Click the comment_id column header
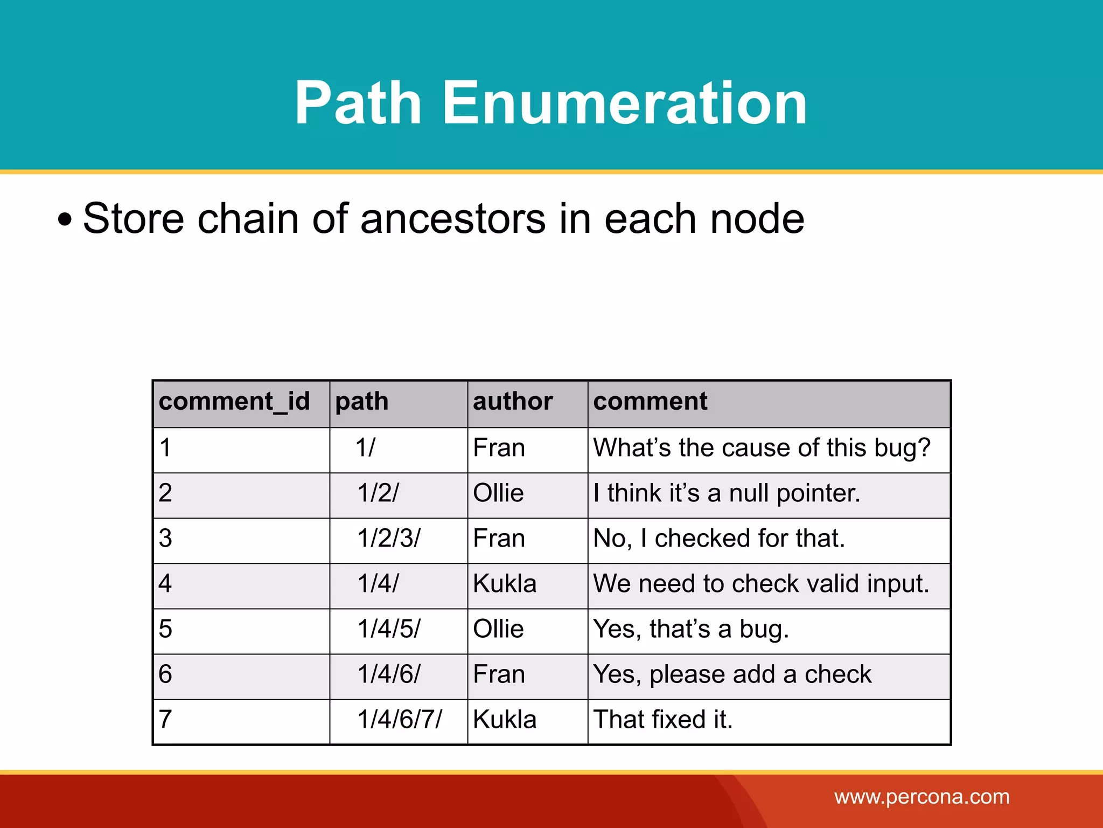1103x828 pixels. pos(234,402)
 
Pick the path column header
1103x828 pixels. pos(362,402)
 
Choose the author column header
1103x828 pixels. pos(513,402)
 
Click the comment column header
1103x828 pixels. pos(650,402)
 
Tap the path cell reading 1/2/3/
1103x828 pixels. pos(389,539)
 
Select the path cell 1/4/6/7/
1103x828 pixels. pos(400,720)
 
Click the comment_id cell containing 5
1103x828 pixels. pos(165,629)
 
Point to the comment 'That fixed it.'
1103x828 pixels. pos(663,720)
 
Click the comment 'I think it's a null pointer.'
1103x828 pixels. pos(727,493)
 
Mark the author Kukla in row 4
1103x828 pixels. pos(505,584)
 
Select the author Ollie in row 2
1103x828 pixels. pos(498,493)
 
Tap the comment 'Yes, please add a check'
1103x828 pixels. pos(732,674)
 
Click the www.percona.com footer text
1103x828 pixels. pos(922,797)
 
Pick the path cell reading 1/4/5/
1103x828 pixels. pos(389,629)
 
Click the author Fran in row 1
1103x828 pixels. pos(499,448)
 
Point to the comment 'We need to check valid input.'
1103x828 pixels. pos(761,584)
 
